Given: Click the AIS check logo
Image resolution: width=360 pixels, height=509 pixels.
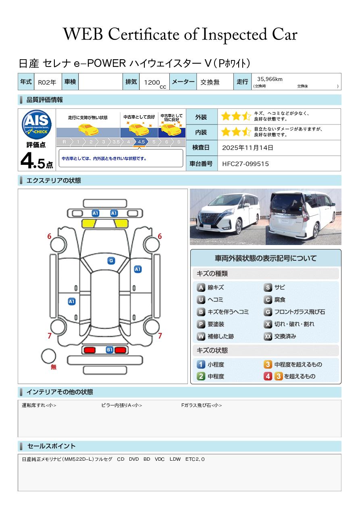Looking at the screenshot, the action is click(x=37, y=124).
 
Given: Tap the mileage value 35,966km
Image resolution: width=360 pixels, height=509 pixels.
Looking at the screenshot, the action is click(x=270, y=79).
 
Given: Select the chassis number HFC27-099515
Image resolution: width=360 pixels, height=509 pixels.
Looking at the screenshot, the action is click(x=246, y=164).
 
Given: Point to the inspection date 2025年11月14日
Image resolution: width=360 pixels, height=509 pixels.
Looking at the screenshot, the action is click(x=248, y=148).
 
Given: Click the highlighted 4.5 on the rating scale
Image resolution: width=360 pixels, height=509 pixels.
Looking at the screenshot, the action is click(x=141, y=142).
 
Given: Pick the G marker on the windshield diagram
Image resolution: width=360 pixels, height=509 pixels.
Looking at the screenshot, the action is click(x=111, y=261).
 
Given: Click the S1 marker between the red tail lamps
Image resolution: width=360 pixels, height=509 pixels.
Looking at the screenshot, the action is click(x=110, y=350).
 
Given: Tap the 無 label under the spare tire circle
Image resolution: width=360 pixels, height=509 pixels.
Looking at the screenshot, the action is click(x=54, y=367).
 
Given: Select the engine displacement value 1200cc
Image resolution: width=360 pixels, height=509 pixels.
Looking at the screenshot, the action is click(x=155, y=83).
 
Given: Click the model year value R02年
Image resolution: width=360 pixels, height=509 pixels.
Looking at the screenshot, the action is click(x=47, y=82).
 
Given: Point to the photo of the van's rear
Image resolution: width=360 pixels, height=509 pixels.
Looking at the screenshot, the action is click(x=304, y=217).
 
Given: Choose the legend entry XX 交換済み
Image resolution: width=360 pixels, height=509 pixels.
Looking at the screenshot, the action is click(x=280, y=336).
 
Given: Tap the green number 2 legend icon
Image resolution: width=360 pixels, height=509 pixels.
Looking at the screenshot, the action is click(x=201, y=376).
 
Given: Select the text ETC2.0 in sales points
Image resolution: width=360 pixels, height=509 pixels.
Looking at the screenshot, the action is click(x=195, y=459).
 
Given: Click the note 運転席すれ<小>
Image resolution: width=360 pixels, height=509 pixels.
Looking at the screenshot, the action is click(x=39, y=405).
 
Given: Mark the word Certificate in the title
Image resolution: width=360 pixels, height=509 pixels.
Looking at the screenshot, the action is click(x=144, y=34).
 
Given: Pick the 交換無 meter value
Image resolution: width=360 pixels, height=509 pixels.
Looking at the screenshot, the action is click(x=210, y=82).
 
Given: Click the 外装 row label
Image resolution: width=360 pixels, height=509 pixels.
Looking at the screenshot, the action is click(x=201, y=117).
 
